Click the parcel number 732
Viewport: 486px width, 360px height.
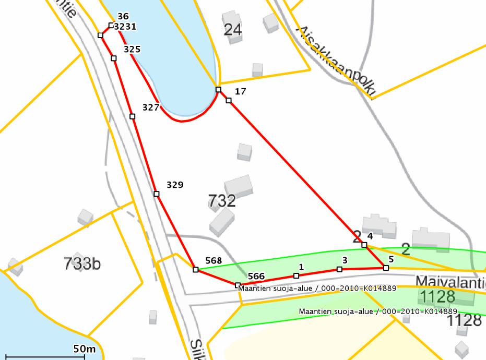[222, 201]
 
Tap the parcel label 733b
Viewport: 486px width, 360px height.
[82, 263]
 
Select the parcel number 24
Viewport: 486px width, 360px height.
[233, 30]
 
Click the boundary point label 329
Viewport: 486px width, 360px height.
[175, 185]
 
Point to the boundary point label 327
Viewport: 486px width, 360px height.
[150, 107]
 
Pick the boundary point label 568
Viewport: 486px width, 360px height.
[214, 260]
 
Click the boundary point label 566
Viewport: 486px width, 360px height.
[256, 276]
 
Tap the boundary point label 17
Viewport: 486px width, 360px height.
[240, 91]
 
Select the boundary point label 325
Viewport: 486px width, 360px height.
[132, 49]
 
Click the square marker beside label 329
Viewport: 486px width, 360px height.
[156, 194]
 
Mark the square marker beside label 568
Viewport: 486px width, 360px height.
[196, 270]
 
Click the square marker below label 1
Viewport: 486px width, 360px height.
[296, 275]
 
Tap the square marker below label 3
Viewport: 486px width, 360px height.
[339, 269]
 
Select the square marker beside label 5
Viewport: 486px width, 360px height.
[386, 268]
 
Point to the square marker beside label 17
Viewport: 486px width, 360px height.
[229, 100]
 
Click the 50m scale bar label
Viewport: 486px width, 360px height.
[84, 349]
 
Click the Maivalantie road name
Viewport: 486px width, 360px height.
[451, 282]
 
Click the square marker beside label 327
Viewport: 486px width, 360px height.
[133, 116]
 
